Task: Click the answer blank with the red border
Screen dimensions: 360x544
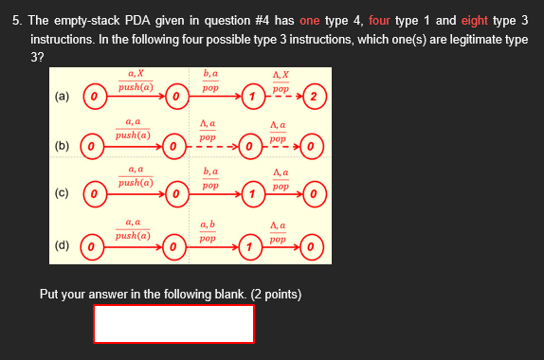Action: [x=173, y=324]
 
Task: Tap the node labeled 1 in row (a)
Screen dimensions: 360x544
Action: [x=251, y=97]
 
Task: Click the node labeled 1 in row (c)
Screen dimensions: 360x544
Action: [x=251, y=196]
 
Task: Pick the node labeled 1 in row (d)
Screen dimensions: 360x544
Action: [x=251, y=248]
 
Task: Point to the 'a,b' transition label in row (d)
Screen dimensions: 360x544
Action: [x=209, y=225]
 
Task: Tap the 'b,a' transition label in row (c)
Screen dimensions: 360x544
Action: [x=210, y=171]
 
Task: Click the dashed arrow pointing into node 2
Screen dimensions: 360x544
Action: [x=284, y=97]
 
